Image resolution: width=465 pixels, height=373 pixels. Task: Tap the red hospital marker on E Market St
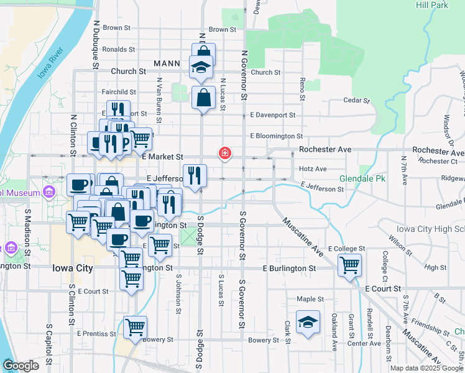click(x=224, y=153)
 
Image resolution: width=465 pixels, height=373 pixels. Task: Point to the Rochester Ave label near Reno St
click(x=325, y=150)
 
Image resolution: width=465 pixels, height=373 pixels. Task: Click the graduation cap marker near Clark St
click(x=308, y=323)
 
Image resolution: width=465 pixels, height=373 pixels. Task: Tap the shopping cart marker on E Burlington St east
click(x=350, y=265)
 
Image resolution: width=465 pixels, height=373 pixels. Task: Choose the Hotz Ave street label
click(x=312, y=168)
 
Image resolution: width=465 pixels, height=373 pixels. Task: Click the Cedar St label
click(x=356, y=100)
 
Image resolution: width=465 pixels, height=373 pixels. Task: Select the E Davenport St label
click(x=272, y=115)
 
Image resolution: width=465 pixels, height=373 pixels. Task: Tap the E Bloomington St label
click(x=276, y=136)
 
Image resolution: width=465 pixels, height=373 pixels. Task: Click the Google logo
click(x=21, y=366)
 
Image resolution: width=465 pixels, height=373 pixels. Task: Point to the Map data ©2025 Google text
click(x=426, y=368)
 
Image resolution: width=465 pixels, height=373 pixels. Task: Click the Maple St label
click(x=306, y=298)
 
